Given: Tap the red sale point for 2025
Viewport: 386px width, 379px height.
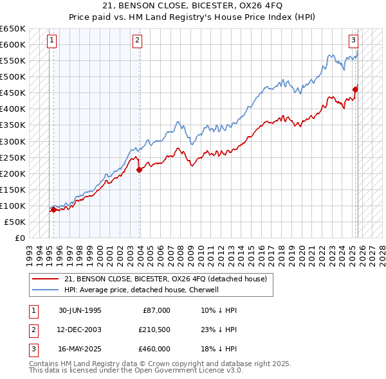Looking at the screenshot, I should tap(355, 89).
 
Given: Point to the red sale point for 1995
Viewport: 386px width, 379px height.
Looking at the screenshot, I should tap(53, 209).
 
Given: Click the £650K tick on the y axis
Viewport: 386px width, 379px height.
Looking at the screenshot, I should tap(12, 29).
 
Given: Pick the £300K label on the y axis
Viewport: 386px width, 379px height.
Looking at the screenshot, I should tap(12, 141).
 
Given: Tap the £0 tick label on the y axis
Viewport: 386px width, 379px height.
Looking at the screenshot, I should tap(19, 238).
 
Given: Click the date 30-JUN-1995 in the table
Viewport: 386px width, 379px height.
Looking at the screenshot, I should tap(80, 310).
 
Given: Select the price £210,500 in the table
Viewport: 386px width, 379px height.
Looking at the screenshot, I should tap(154, 330).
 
